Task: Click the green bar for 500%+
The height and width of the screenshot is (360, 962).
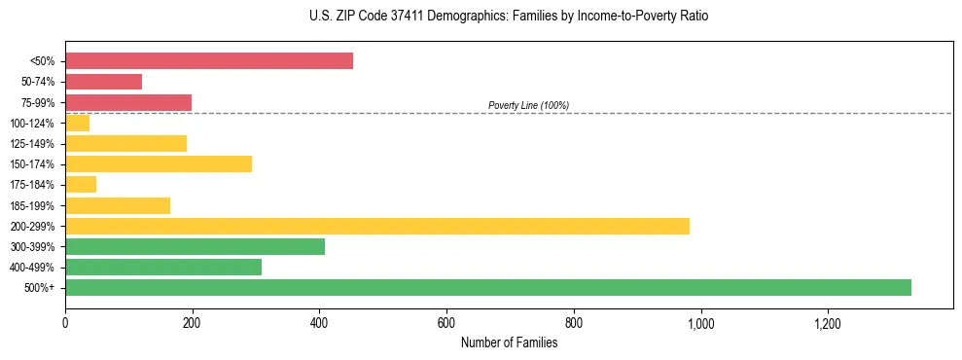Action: point(487,287)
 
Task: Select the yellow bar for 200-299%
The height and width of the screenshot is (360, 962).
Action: point(377,226)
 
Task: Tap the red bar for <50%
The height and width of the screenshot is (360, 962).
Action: point(209,61)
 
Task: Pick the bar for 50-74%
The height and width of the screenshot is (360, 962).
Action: point(103,82)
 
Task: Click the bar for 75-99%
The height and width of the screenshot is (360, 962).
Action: point(128,102)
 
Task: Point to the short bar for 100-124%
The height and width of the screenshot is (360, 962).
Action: point(78,123)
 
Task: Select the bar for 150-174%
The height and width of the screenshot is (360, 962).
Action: point(159,163)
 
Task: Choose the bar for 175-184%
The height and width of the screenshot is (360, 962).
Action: point(81,184)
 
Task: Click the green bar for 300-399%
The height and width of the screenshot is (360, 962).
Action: point(195,246)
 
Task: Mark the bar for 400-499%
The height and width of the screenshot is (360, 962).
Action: point(163,267)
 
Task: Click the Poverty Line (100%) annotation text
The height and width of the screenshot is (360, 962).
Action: point(528,105)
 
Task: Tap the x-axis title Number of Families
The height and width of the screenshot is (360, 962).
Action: point(509,342)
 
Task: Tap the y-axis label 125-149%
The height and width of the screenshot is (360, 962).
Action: point(32,144)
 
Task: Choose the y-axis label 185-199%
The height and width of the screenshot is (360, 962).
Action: point(32,205)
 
